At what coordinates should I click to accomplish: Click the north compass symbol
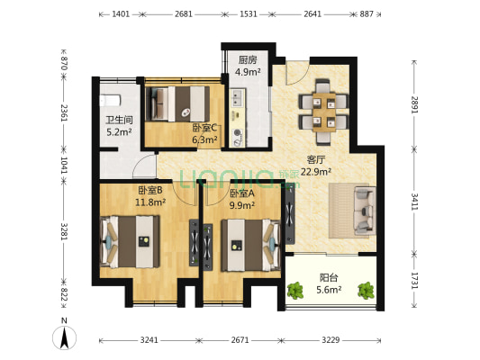click(64, 337)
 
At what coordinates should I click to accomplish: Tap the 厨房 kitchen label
click(248, 59)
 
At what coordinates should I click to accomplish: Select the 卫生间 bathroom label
click(119, 120)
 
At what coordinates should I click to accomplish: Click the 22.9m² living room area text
click(316, 172)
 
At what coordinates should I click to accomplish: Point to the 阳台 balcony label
click(329, 278)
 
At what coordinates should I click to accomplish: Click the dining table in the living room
click(324, 112)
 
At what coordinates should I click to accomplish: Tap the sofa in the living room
click(365, 211)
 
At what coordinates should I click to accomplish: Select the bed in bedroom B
click(130, 242)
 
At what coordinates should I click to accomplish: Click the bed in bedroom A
click(250, 245)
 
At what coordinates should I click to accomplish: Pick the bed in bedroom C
click(177, 103)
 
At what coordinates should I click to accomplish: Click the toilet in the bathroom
click(110, 101)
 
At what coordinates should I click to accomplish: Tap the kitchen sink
click(236, 97)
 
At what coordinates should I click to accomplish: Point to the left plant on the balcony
click(295, 291)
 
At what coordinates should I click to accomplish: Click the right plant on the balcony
click(367, 291)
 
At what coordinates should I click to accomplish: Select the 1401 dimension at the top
click(121, 14)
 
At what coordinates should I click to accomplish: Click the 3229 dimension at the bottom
click(331, 340)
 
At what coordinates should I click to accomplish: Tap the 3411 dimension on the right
click(414, 202)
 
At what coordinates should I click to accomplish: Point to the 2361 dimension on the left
click(64, 112)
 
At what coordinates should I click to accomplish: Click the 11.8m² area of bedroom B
click(150, 202)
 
